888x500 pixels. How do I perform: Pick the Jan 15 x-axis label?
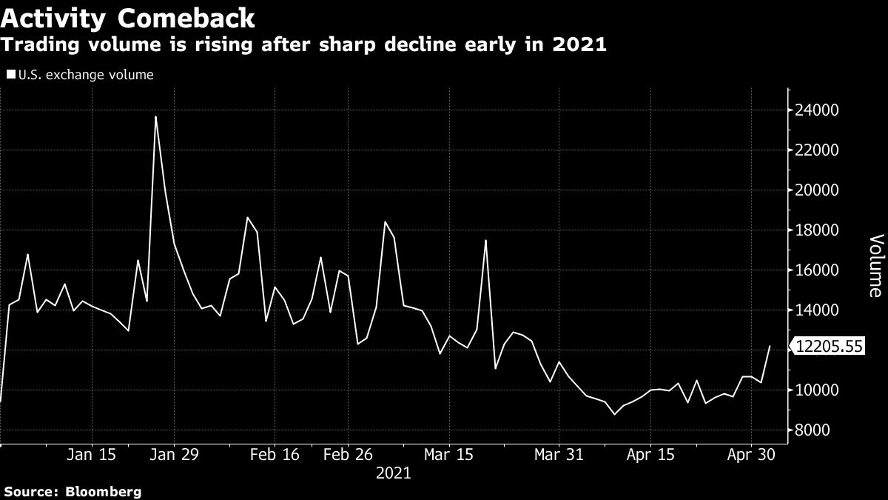[x=96, y=454]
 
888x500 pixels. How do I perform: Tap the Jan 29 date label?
[x=175, y=454]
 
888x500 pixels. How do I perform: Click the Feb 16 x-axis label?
[x=275, y=454]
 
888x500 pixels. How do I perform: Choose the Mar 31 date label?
[x=559, y=454]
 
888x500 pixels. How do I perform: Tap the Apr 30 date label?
[x=750, y=454]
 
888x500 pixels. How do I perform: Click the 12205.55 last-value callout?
[x=829, y=346]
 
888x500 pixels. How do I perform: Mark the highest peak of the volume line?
[x=155, y=117]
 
